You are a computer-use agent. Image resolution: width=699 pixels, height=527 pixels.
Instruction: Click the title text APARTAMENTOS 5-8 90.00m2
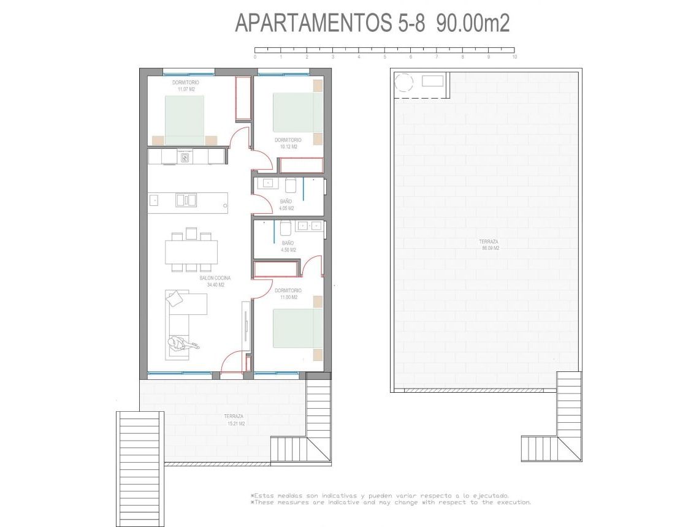[372, 23]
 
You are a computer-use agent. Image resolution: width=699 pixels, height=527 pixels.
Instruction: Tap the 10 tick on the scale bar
[514, 56]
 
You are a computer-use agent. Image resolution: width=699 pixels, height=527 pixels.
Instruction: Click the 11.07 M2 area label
[182, 89]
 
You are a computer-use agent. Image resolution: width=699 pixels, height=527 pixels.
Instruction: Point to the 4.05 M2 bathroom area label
[286, 208]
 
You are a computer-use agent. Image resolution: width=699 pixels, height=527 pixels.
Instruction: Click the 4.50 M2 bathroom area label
[288, 249]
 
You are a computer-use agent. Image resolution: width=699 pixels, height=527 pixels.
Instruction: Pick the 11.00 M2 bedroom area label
[288, 297]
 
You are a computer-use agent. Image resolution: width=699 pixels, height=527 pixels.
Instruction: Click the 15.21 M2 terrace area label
[234, 423]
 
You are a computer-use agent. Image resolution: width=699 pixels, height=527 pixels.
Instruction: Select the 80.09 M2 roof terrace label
[489, 248]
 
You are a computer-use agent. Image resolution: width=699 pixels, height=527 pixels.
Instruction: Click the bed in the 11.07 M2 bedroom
[184, 120]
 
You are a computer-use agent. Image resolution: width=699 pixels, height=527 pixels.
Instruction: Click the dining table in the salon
[191, 251]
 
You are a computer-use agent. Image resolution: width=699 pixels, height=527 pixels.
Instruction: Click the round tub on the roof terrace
[405, 82]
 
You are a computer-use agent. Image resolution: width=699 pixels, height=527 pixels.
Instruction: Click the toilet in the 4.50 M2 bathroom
[285, 229]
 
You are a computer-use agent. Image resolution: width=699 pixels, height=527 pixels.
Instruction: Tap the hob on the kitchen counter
[186, 157]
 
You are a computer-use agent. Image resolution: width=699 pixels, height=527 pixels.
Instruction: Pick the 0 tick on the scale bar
[255, 56]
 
